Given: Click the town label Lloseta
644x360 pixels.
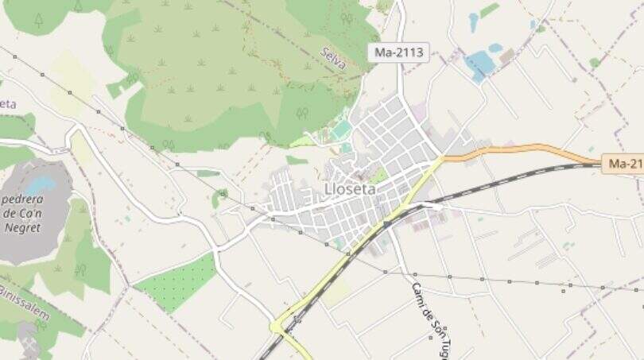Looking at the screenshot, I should click(x=351, y=189).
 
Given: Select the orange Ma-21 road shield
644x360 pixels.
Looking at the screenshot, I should click(x=623, y=164).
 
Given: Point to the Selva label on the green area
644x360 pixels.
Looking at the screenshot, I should click(x=334, y=57).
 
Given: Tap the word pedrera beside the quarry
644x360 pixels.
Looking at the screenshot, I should click(x=23, y=200).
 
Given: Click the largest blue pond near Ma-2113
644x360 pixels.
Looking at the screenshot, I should click(x=480, y=64).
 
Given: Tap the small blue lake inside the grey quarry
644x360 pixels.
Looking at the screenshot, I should click(x=40, y=184).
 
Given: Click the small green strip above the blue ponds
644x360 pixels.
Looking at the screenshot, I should click(x=489, y=10).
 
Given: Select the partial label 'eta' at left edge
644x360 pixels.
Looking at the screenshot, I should click(x=7, y=104).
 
